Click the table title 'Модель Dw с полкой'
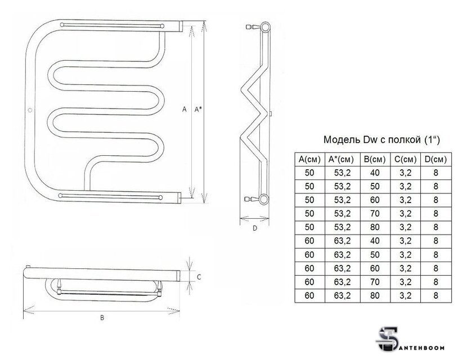point(372,139)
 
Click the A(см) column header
point(309,159)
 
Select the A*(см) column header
point(342,159)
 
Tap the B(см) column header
point(375,159)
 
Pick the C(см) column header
point(406,159)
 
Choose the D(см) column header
point(435,159)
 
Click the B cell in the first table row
point(375,173)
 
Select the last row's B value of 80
point(375,295)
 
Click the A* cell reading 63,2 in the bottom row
point(342,295)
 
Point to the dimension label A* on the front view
point(198,109)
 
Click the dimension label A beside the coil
point(185,109)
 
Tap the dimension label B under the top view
point(102,318)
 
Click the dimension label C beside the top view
point(199,277)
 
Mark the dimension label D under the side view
point(255,228)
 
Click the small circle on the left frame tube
point(30,110)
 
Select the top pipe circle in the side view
point(265,28)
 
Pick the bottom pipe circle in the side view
point(264,199)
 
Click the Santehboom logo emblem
point(387,339)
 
